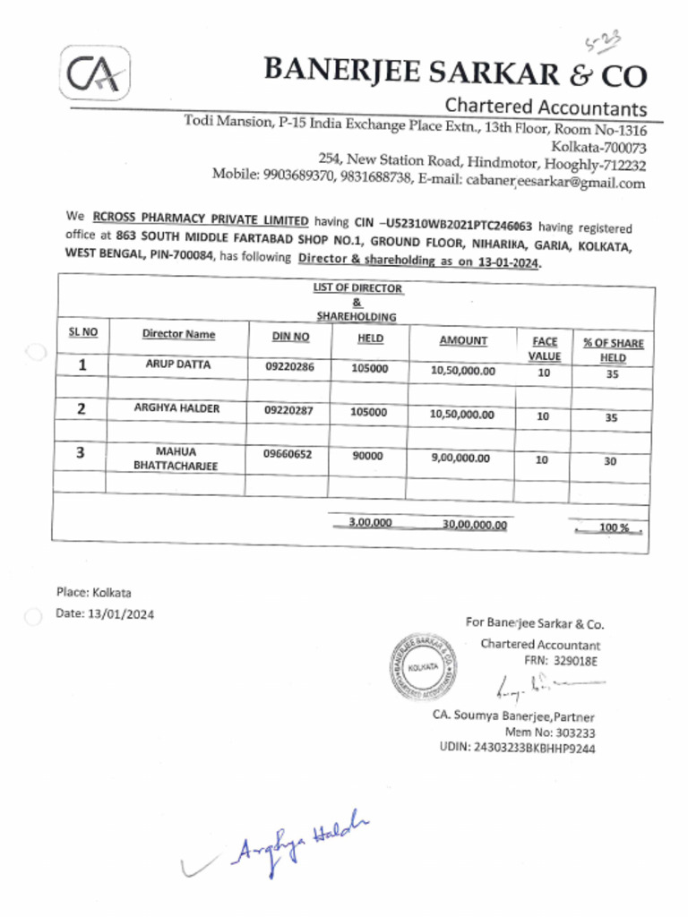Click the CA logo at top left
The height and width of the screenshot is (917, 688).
95,73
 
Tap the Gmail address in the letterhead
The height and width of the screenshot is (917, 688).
555,184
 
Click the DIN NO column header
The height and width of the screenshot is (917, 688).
290,336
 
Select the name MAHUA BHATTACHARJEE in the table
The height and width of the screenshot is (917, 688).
176,459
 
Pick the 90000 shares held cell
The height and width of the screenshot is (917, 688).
367,456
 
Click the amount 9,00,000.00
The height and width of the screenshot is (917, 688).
460,458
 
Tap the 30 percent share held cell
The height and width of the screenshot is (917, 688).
610,461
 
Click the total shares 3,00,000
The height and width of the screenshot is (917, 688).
370,522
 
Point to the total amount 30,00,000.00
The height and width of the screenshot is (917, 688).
474,525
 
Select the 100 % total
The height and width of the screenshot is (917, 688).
613,528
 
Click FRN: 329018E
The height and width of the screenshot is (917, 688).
560,661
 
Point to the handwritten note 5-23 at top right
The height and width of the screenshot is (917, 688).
603,40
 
